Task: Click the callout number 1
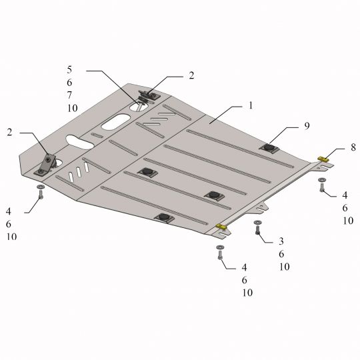[251, 105]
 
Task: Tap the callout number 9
[307, 126]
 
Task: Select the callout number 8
[353, 147]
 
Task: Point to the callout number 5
[69, 69]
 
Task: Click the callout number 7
[69, 95]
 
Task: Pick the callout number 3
[281, 241]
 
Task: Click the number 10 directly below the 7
[72, 108]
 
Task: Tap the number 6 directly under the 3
[281, 254]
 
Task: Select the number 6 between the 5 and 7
[69, 83]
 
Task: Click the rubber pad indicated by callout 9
[269, 147]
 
